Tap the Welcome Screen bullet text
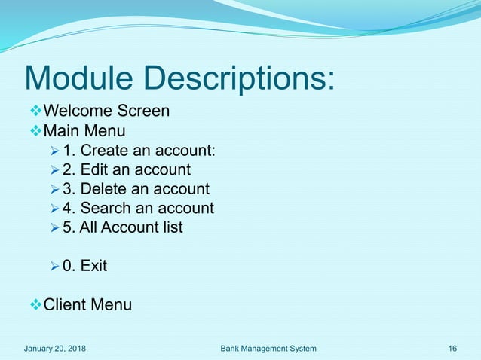(x=106, y=111)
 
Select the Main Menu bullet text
(x=84, y=133)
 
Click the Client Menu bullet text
(x=87, y=305)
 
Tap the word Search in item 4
(x=118, y=208)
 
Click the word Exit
(x=93, y=266)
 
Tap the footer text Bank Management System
(x=268, y=348)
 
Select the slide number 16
(x=452, y=348)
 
